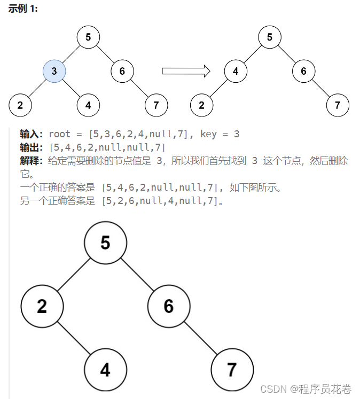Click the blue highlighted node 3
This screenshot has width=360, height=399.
[x=54, y=71]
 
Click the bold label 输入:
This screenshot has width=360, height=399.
[x=32, y=134]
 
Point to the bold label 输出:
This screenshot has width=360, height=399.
[x=32, y=147]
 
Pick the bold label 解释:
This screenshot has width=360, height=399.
[x=32, y=161]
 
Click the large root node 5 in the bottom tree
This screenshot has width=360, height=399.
[x=105, y=243]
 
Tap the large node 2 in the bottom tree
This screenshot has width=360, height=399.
[x=42, y=306]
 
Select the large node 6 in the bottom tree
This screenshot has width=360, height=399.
[x=169, y=306]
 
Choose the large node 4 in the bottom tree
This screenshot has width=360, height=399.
[x=105, y=370]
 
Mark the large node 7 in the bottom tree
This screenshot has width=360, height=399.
[x=232, y=370]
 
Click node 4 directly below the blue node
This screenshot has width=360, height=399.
[x=88, y=105]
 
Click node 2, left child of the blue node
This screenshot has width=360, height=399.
[x=20, y=105]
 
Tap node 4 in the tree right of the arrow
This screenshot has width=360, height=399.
[x=236, y=71]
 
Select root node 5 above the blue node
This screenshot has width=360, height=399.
[x=88, y=37]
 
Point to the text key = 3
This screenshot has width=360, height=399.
[x=220, y=134]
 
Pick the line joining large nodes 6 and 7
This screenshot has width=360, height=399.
[x=200, y=338]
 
